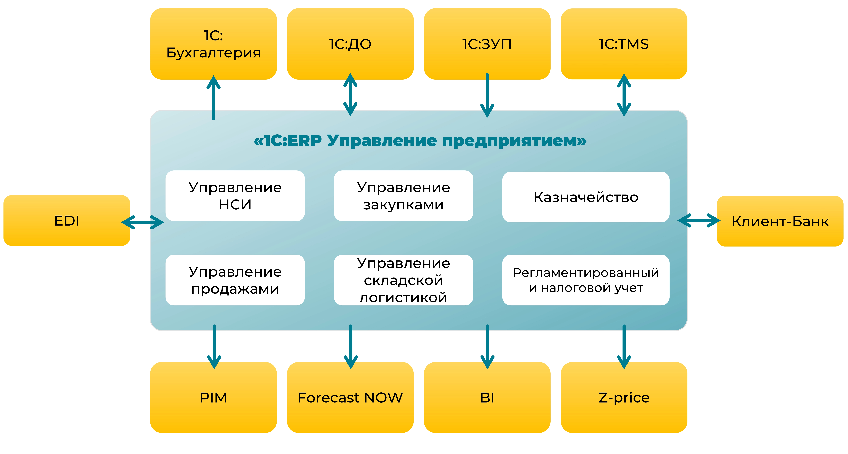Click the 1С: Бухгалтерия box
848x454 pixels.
(x=213, y=44)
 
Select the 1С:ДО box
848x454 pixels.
(x=350, y=44)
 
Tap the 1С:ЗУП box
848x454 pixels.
(x=487, y=44)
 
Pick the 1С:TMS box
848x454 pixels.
(x=624, y=44)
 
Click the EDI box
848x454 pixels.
(x=67, y=220)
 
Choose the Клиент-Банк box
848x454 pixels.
(x=780, y=221)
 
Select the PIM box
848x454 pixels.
(x=213, y=397)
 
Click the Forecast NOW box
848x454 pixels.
(x=350, y=397)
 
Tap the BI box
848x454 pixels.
(x=487, y=397)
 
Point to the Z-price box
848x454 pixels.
(x=624, y=397)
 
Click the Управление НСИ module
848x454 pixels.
(x=235, y=196)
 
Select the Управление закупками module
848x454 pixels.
(x=403, y=196)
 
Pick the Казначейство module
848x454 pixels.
(x=586, y=197)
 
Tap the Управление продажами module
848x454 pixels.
(x=235, y=280)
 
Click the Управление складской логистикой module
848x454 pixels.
(x=403, y=280)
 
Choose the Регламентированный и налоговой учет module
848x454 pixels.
(x=586, y=280)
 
